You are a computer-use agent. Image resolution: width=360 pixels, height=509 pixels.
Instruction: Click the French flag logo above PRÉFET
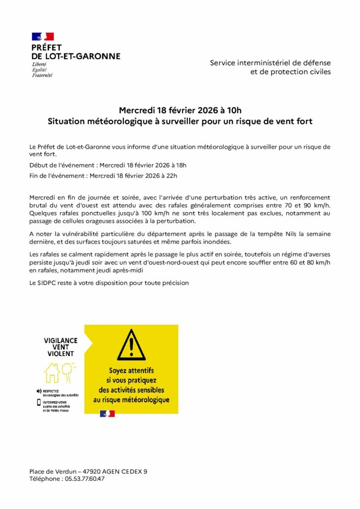click(x=43, y=36)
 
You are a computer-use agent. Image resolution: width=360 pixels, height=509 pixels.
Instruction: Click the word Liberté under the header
click(x=39, y=65)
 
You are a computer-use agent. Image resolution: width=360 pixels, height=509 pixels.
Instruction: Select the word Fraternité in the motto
click(x=42, y=75)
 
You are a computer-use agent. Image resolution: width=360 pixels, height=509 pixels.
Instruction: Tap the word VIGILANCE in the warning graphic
click(x=61, y=340)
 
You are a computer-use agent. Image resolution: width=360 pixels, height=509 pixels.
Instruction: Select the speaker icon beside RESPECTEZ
click(x=39, y=391)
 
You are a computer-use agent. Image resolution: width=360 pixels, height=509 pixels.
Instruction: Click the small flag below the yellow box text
click(x=107, y=414)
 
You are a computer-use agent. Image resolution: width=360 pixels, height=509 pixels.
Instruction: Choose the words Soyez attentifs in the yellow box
click(x=131, y=370)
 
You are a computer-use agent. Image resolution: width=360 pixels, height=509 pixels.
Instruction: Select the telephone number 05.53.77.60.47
click(x=84, y=479)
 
